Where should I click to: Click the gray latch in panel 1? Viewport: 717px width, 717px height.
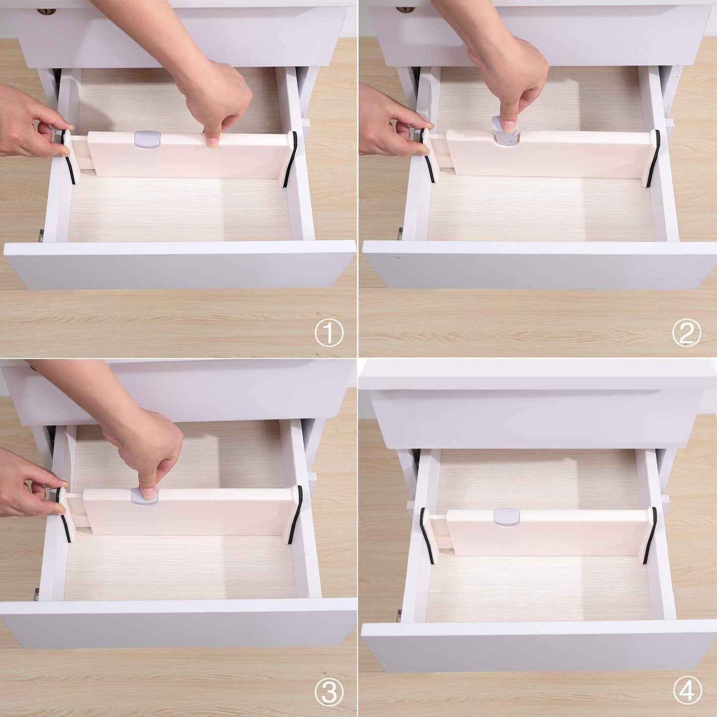pos(147,139)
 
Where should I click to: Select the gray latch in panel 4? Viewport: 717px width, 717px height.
pos(507,517)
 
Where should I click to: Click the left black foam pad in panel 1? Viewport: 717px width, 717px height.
pos(68,157)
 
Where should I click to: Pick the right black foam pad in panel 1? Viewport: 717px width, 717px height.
pos(291,159)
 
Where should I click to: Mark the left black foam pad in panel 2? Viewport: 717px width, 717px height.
pos(427,155)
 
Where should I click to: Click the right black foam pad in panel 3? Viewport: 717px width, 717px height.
pos(297,515)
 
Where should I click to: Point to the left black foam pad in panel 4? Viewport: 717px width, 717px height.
pos(426,535)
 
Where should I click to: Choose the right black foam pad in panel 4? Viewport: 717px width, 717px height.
pos(650,535)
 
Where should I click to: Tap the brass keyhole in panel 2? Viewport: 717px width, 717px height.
pos(405,9)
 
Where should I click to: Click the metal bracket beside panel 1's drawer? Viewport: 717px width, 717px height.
pos(41,236)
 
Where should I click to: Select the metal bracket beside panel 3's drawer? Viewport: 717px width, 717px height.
pos(36,594)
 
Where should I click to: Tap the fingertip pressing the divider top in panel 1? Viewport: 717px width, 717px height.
pos(212,141)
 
